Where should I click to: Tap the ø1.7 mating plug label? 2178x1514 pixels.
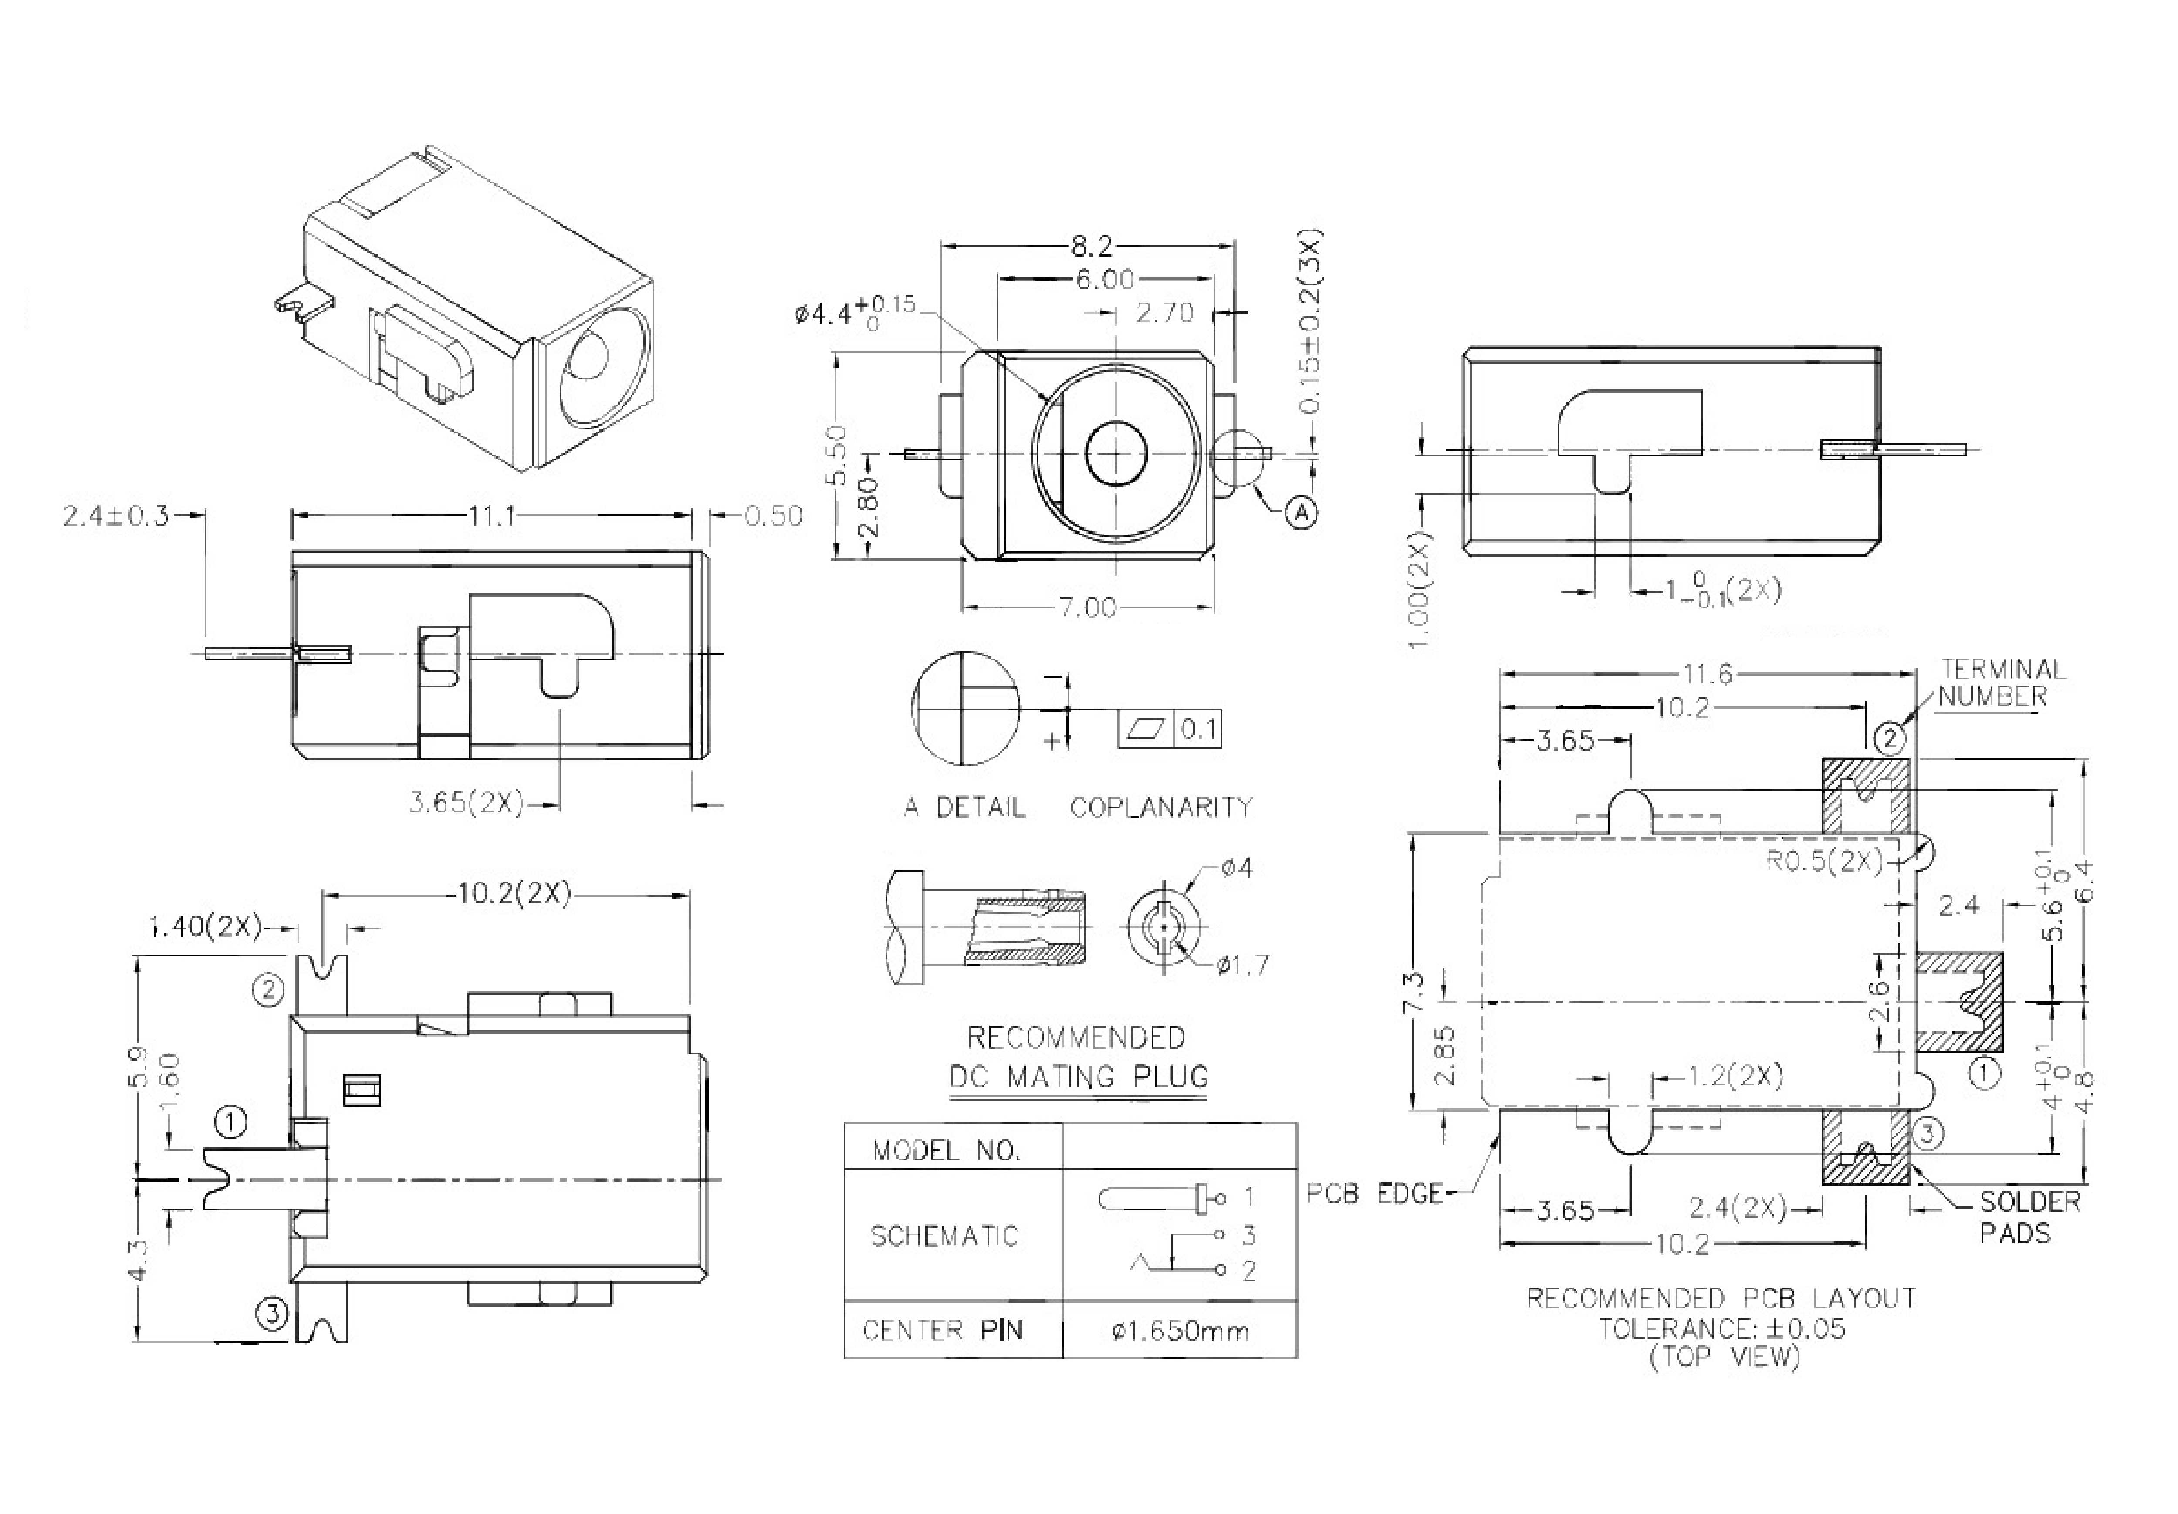click(1243, 966)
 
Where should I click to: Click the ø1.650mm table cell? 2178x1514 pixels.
click(1180, 1331)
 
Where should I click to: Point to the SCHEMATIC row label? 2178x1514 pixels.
click(944, 1236)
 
